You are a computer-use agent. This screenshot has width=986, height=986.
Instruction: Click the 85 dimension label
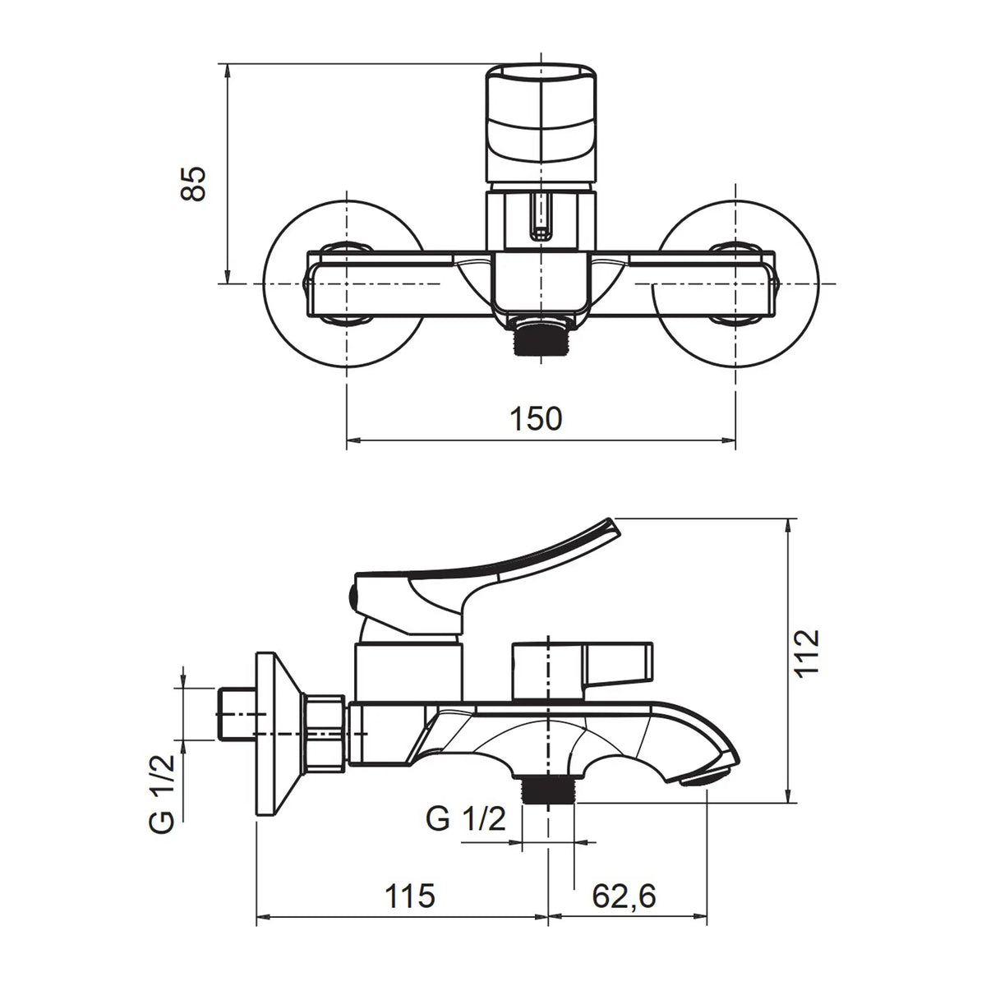(193, 184)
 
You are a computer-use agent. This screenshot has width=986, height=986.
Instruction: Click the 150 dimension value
(536, 418)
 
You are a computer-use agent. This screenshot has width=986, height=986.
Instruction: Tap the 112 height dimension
(809, 653)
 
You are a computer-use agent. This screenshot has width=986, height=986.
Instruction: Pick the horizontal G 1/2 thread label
(466, 818)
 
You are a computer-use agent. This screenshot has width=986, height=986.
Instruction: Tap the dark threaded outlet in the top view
(541, 339)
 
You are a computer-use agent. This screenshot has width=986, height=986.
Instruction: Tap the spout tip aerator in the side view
(707, 779)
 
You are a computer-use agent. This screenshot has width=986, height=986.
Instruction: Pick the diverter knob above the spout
(583, 670)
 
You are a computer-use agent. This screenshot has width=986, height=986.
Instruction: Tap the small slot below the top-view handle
(541, 216)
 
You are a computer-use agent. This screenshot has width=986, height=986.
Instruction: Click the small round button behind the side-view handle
(352, 595)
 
